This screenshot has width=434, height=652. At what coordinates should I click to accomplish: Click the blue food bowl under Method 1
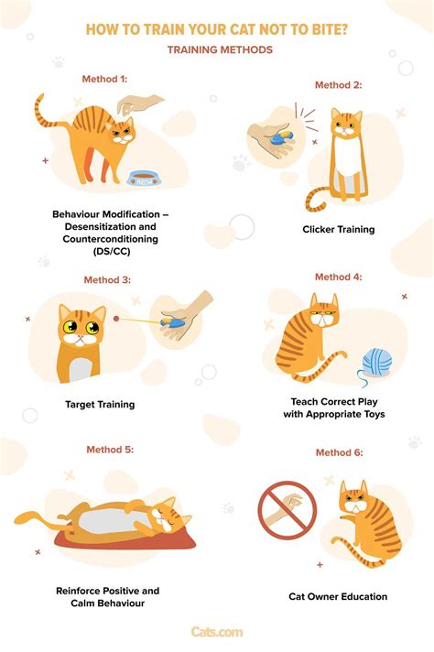point(144,179)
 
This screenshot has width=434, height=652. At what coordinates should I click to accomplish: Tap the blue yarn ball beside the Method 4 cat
point(376,363)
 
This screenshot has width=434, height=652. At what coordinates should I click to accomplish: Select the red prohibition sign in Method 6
point(288,510)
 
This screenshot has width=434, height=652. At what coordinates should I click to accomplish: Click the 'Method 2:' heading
point(339,85)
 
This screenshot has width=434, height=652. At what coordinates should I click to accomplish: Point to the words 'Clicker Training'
point(339,229)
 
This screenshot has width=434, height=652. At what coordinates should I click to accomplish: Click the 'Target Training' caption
point(100,404)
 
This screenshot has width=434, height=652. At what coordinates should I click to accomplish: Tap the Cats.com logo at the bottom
point(217,632)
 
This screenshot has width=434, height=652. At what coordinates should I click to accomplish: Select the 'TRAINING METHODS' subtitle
point(220,49)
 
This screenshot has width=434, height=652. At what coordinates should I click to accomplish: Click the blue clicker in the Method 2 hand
point(282,138)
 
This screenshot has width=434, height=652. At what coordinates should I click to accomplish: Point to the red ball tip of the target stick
point(116,319)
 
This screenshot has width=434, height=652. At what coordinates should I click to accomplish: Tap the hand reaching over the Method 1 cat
point(139,103)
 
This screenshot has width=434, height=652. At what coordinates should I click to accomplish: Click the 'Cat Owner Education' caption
point(338,596)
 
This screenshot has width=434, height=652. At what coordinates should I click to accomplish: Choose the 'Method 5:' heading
point(110,450)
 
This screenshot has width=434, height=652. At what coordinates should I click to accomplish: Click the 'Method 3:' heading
point(107,280)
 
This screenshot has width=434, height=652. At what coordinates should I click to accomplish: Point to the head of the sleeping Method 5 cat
point(168,516)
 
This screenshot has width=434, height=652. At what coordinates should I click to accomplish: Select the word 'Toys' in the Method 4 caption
point(374,414)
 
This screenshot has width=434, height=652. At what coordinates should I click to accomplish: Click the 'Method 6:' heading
point(339,452)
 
